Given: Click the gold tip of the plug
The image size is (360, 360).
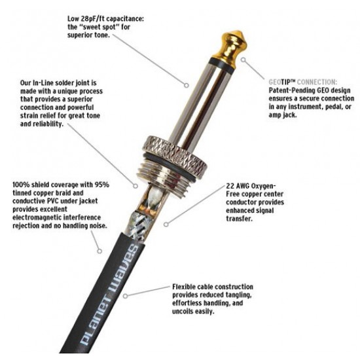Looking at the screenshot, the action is pos(230,46).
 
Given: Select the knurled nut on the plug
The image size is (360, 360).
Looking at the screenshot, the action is pos(175,154).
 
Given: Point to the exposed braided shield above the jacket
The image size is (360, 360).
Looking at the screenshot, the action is pos(141,225).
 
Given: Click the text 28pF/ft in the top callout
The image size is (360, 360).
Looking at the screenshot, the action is pos(91,19).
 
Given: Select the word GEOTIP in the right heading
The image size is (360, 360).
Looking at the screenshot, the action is pos(281,82).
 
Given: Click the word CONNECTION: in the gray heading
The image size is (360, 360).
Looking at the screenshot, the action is pos(317,82).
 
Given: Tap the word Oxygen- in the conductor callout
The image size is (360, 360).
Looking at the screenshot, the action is pos(264,187).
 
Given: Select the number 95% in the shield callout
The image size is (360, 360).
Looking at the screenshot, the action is pos(102,185).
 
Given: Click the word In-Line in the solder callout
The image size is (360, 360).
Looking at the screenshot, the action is pos(43,82).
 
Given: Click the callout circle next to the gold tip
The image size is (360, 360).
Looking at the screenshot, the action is pos(243,60).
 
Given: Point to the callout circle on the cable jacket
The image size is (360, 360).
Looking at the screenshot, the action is pos(126,296).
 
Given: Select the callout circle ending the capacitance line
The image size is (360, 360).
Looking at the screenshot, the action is pos(187,85).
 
